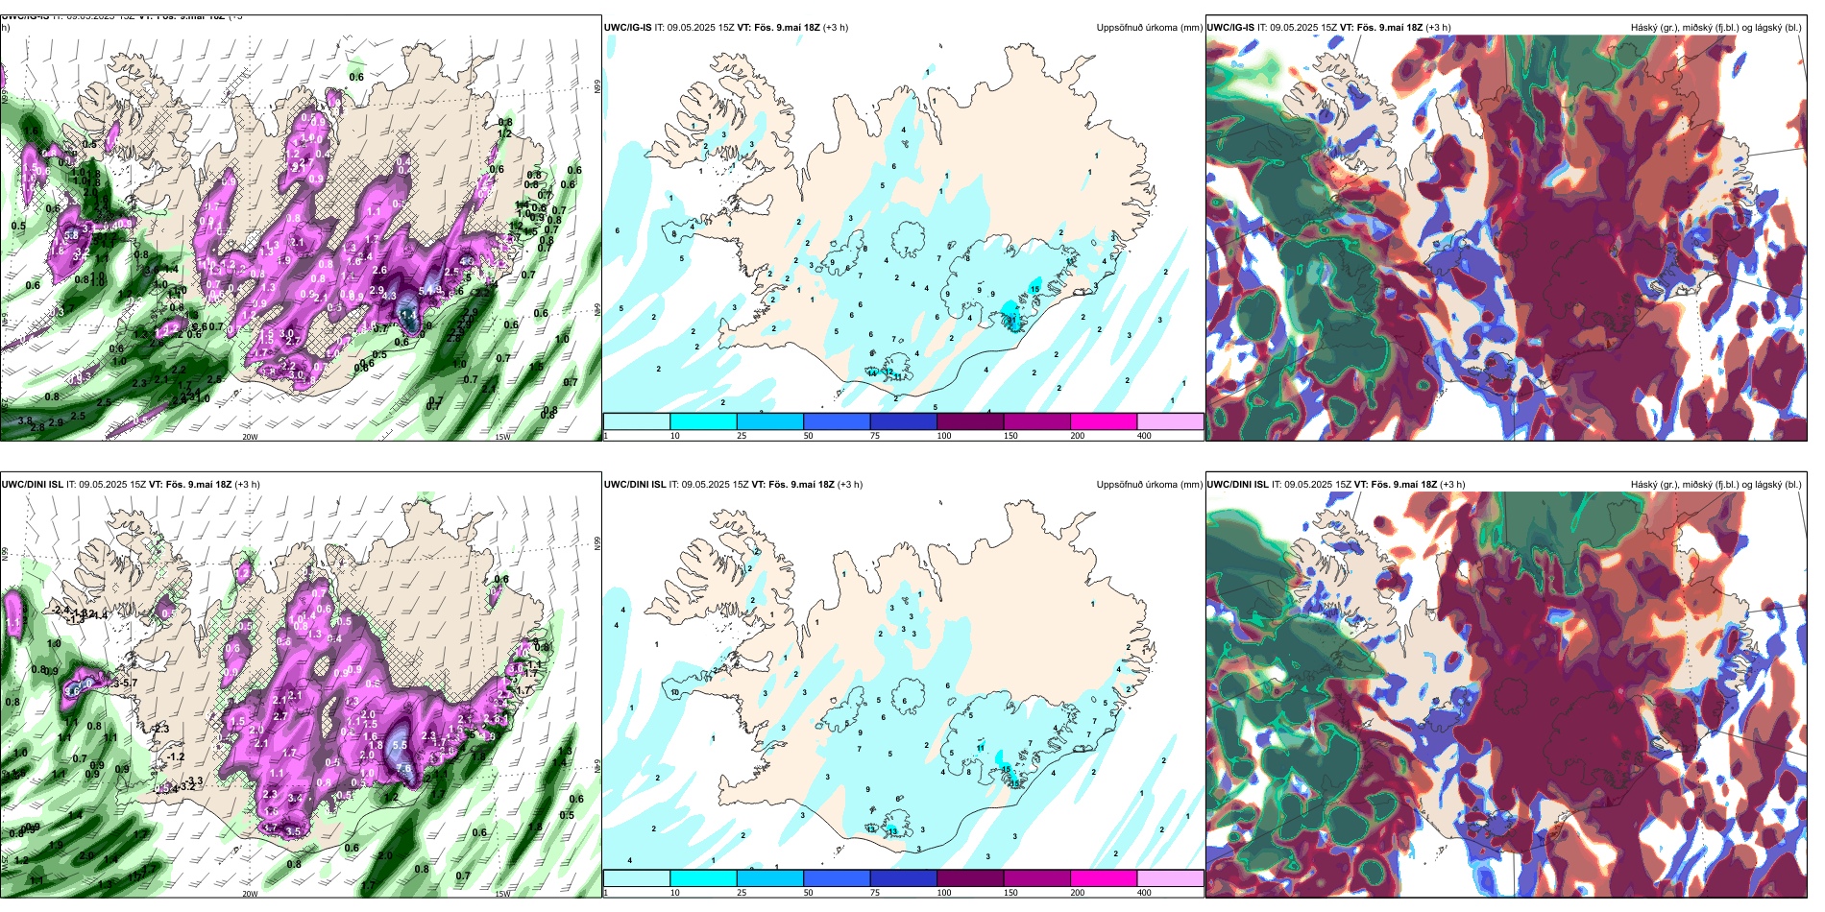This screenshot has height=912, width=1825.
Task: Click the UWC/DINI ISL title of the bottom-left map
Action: pos(32,484)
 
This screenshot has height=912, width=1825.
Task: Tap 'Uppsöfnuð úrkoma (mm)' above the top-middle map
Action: pos(1149,28)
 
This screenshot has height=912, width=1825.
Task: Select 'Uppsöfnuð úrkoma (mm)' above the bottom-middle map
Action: pos(1149,485)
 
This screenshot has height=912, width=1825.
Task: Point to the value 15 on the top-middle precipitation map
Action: pos(1034,288)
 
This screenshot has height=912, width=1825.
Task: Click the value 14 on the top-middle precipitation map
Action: pos(873,373)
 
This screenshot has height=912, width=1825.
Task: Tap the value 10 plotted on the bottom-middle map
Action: pos(675,692)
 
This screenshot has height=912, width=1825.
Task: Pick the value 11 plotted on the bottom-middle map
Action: pos(981,747)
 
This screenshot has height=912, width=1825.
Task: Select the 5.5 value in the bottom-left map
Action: pos(400,745)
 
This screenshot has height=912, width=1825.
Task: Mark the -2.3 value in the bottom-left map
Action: pos(159,729)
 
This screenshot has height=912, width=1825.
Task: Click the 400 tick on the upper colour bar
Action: pos(1144,436)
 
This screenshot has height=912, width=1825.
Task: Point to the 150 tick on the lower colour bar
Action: pos(1010,893)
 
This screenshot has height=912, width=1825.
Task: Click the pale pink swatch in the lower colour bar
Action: pos(1170,878)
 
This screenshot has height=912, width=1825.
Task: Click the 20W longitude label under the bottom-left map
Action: pos(250,894)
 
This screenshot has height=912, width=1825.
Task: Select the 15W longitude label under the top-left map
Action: pos(501,437)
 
